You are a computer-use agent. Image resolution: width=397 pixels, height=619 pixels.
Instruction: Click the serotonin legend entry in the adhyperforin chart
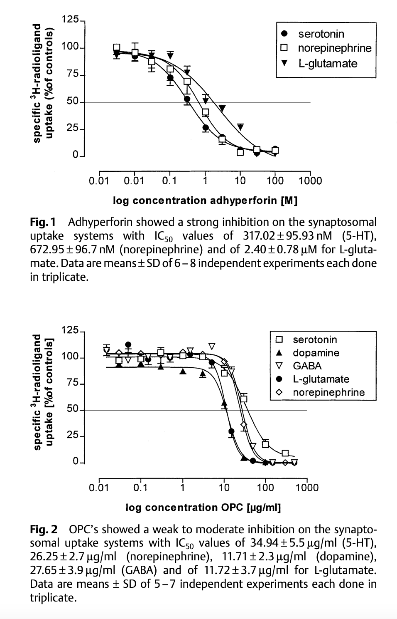pyautogui.click(x=321, y=34)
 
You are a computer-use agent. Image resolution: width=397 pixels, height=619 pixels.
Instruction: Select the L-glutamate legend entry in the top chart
pyautogui.click(x=328, y=63)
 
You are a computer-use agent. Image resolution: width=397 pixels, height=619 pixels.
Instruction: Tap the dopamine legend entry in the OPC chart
pyautogui.click(x=316, y=353)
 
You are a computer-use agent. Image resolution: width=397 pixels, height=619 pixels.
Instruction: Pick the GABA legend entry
pyautogui.click(x=307, y=366)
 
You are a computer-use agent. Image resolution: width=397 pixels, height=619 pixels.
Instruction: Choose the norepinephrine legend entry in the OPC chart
pyautogui.click(x=328, y=392)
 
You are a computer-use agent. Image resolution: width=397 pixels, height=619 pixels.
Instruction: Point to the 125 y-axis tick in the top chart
pyautogui.click(x=69, y=19)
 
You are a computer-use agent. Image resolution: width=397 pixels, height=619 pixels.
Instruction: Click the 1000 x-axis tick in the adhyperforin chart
pyautogui.click(x=310, y=181)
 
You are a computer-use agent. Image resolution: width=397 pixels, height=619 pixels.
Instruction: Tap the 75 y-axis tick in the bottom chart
pyautogui.click(x=73, y=383)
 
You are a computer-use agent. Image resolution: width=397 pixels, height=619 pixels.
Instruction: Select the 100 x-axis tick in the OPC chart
pyautogui.click(x=265, y=487)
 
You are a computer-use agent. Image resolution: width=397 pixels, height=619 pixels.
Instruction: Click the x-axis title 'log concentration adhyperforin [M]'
pyautogui.click(x=205, y=201)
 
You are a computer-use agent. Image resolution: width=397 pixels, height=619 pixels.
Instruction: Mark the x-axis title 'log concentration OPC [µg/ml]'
pyautogui.click(x=203, y=508)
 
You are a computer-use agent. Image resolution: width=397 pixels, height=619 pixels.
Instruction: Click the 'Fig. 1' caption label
pyautogui.click(x=43, y=222)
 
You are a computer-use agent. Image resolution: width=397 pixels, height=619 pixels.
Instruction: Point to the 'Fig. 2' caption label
pyautogui.click(x=44, y=530)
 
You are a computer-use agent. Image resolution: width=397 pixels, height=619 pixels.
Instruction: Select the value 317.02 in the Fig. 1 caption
pyautogui.click(x=259, y=236)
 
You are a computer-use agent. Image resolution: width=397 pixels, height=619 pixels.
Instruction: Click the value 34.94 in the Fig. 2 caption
pyautogui.click(x=265, y=543)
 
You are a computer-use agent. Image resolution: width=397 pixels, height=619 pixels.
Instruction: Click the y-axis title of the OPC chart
pyautogui.click(x=43, y=391)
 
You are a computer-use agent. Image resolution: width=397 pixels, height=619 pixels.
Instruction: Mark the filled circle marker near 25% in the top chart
pyautogui.click(x=205, y=127)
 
